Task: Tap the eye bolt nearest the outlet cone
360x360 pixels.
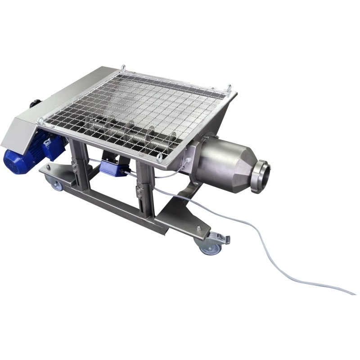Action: click(160, 157)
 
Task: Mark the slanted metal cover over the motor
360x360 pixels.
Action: click(49, 106)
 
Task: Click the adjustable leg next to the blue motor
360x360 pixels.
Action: click(79, 162)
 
